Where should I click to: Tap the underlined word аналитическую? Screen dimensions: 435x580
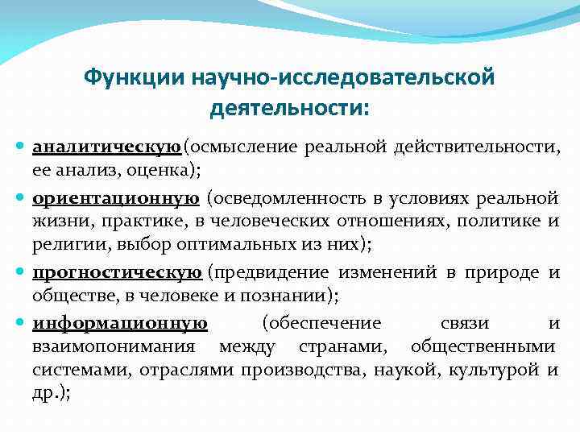106,147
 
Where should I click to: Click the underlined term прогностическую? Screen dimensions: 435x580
117,273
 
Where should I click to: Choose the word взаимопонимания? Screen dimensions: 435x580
113,347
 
